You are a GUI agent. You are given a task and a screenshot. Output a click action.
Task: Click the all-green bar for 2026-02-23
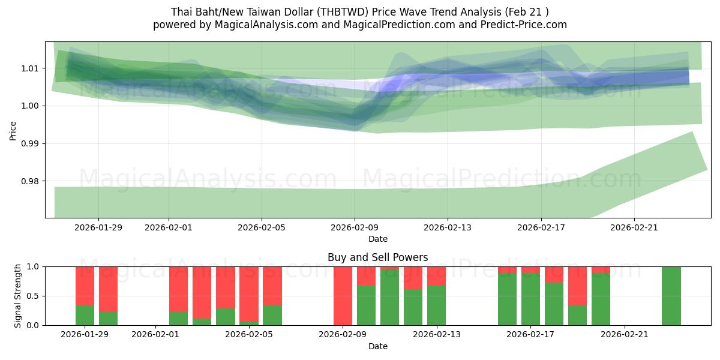point(671,296)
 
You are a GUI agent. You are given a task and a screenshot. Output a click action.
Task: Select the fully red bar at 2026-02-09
point(343,296)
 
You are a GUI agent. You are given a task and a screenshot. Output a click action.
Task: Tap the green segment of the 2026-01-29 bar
point(85,316)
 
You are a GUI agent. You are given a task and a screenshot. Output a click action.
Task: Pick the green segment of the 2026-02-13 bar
point(436,305)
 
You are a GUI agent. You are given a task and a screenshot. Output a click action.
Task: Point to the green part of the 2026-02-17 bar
point(530,299)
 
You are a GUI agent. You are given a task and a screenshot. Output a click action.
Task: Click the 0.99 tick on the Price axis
point(31,144)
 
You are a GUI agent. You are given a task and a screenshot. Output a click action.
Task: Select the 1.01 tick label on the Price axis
point(31,68)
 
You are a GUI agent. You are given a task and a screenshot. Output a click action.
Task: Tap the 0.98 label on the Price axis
point(31,182)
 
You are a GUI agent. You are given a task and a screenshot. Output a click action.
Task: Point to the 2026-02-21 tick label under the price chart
point(635,227)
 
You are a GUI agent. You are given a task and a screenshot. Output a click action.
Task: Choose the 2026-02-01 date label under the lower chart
point(155,335)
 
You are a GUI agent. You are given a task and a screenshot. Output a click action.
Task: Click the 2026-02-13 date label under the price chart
point(448,227)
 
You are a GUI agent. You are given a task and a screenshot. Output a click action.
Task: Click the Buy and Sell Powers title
point(377,257)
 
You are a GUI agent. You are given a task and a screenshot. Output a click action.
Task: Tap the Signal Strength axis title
point(18,296)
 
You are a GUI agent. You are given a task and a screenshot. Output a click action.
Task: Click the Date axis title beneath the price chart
point(377,239)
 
